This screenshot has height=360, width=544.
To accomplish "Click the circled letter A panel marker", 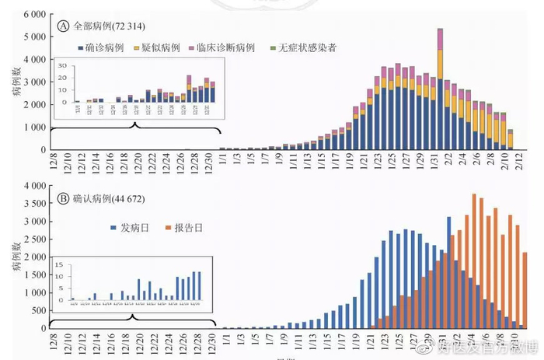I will pyautogui.click(x=63, y=25).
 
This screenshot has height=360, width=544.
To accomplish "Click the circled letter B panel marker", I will pyautogui.click(x=63, y=197).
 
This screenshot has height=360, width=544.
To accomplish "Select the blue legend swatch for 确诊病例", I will pyautogui.click(x=81, y=47).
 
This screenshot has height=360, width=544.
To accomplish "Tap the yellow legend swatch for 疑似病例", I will pyautogui.click(x=138, y=47).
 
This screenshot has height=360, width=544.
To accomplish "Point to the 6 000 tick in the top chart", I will pyautogui.click(x=34, y=15).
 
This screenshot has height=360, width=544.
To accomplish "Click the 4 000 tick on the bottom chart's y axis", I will pyautogui.click(x=34, y=186).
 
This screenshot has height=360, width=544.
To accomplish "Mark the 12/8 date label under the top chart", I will pyautogui.click(x=54, y=166).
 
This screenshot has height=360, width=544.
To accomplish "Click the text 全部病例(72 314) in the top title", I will pyautogui.click(x=104, y=25).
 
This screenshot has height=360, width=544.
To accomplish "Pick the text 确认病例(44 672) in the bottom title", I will pyautogui.click(x=104, y=197).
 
